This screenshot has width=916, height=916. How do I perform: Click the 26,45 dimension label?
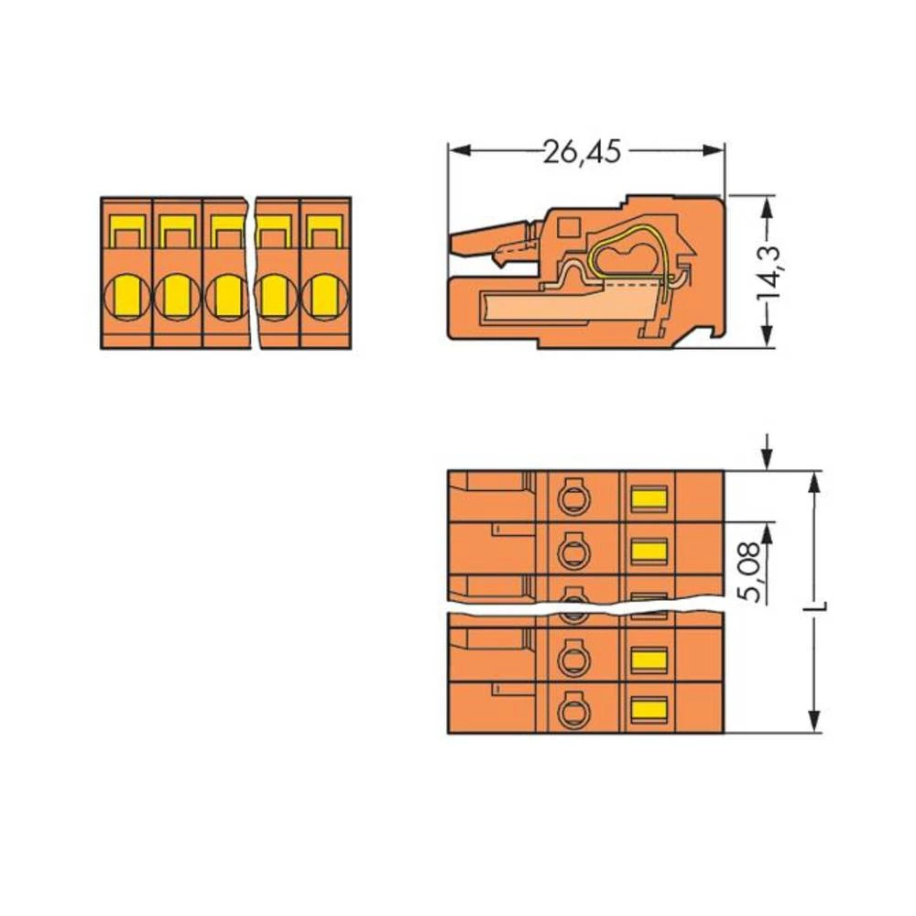(582, 152)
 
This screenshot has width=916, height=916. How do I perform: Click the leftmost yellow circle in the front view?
(126, 296)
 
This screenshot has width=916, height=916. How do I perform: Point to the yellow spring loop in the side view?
(626, 257)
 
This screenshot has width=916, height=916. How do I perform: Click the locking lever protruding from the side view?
(490, 242)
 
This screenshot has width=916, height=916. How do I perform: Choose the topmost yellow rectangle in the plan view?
(649, 498)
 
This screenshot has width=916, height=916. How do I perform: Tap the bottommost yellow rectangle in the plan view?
(649, 708)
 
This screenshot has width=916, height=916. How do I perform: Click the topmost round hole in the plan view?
(573, 497)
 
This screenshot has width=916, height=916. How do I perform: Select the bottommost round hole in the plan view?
(573, 708)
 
